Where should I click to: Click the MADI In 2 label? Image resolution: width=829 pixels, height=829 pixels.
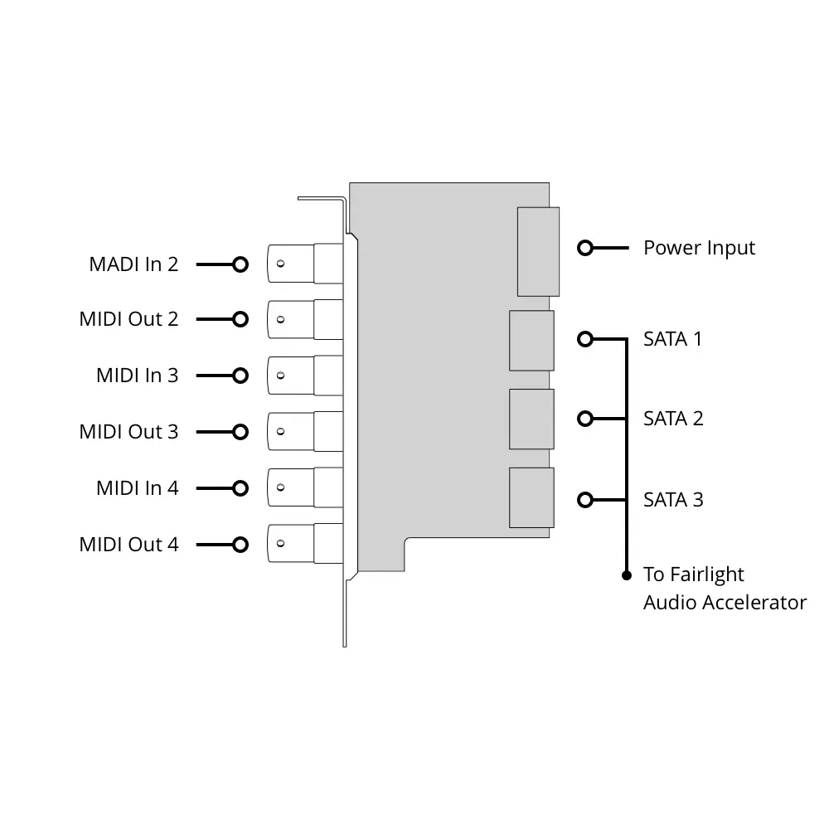[x=133, y=264]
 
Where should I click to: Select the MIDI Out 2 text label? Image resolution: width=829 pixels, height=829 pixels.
[x=128, y=319]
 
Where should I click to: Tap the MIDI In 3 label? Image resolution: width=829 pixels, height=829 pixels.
[x=137, y=376]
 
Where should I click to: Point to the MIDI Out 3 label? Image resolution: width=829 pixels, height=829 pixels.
[x=128, y=432]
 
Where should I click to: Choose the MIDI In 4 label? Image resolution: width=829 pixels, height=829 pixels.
[x=137, y=488]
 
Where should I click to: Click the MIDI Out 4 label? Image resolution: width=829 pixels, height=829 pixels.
[x=128, y=545]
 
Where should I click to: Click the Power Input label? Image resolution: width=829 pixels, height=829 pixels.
[x=699, y=248]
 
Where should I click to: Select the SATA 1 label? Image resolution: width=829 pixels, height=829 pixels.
[x=672, y=339]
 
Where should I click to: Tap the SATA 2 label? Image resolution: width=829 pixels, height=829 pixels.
[x=673, y=419]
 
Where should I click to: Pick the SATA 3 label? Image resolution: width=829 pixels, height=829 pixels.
[x=673, y=500]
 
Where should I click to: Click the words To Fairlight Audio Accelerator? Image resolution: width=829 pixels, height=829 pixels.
[x=724, y=589]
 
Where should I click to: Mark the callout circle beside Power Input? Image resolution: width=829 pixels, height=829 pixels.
[x=585, y=248]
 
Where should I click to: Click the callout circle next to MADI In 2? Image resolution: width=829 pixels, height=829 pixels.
[x=240, y=264]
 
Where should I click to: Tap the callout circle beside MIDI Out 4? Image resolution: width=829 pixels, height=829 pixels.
[x=240, y=545]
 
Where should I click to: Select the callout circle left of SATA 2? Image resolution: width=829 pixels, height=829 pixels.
[x=585, y=419]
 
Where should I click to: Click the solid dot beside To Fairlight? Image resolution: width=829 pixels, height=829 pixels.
[x=627, y=574]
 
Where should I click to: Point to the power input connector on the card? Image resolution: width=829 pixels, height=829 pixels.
[x=538, y=251]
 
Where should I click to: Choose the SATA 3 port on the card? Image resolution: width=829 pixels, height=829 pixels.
[x=531, y=498]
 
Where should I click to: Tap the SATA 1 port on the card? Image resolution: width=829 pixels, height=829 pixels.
[x=531, y=340]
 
